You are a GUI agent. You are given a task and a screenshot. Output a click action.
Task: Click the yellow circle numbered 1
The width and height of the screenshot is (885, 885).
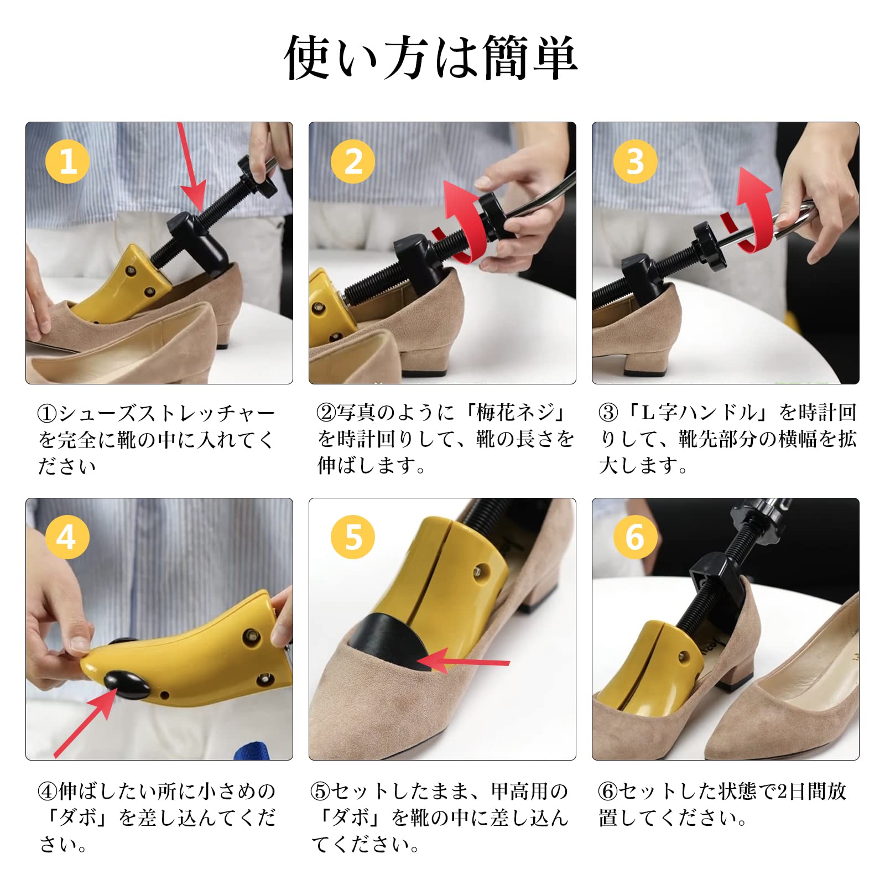[67, 162]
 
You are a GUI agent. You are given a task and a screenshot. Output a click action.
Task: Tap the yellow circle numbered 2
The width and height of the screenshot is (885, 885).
[353, 162]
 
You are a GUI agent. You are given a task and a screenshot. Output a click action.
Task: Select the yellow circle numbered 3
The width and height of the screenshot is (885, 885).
[636, 162]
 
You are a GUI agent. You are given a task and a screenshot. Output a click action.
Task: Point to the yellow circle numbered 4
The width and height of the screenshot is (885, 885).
[67, 537]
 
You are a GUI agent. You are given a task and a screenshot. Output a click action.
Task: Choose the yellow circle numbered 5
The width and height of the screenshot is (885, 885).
[353, 537]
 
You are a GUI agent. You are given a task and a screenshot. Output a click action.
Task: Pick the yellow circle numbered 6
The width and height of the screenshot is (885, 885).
[636, 537]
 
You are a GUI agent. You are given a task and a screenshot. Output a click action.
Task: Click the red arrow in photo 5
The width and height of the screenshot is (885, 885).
[462, 662]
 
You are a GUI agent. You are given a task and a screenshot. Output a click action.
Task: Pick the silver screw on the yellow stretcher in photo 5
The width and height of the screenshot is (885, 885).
[481, 571]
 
